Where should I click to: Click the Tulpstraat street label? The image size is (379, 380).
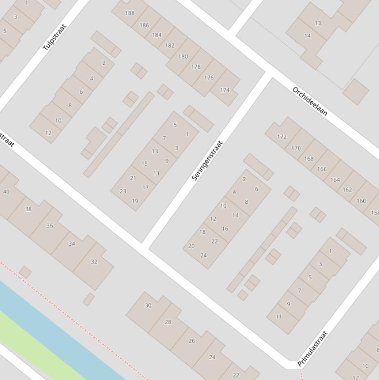54,37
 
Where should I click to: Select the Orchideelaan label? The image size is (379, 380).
310,101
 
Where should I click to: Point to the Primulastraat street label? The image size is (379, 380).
313,348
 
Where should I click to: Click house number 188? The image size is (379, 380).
130,13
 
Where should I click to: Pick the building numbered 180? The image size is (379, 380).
183,56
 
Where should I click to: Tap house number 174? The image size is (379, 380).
225,90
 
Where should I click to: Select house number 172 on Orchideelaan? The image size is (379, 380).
282,136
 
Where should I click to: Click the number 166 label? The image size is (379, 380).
322,169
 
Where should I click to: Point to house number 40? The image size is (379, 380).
6,191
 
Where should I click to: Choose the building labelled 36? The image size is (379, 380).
49,226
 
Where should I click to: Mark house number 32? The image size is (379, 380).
94,262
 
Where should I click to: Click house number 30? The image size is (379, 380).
148,305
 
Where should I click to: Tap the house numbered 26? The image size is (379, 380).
191,341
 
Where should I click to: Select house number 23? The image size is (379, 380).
123,191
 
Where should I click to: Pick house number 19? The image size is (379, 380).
135,201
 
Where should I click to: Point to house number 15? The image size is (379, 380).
144,163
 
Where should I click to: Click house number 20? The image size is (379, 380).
191,246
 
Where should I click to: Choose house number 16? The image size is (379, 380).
225,228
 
